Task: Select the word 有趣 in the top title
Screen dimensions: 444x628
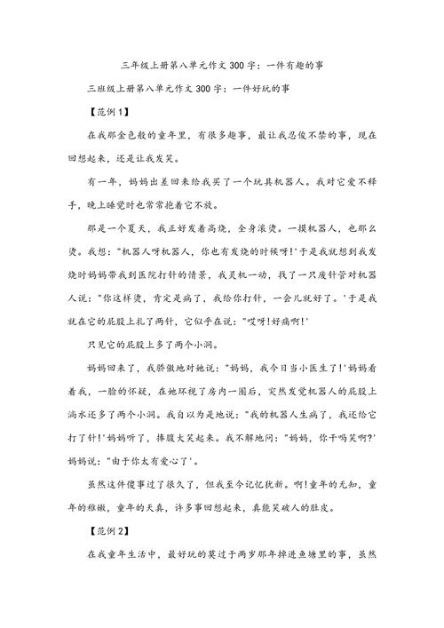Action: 297,67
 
